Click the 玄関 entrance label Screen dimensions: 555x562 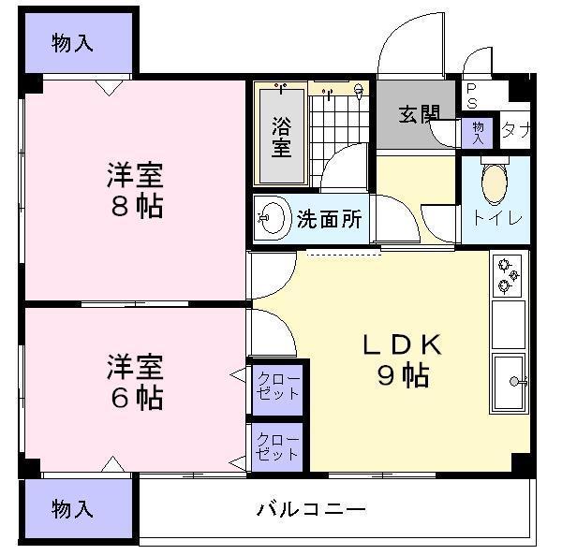point(418,114)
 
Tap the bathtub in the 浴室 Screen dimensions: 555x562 point(280,136)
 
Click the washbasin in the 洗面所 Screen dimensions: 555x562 point(271,220)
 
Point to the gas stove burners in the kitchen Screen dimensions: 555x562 point(509,273)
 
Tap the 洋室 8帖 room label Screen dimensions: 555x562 point(135,190)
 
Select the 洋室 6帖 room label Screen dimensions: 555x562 point(135,381)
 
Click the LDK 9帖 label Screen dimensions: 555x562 point(403,359)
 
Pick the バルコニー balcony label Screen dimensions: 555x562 point(311,510)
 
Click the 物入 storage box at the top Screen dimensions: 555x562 point(72,43)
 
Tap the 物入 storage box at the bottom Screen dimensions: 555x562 point(72,510)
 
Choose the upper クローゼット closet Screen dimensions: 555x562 point(277,387)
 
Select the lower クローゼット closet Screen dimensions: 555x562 point(277,447)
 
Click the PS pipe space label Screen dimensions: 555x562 point(471,95)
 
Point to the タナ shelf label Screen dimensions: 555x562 point(515,130)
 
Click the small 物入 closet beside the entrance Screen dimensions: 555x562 point(478,131)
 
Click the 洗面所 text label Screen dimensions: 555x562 point(329,220)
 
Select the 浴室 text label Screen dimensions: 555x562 point(280,136)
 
